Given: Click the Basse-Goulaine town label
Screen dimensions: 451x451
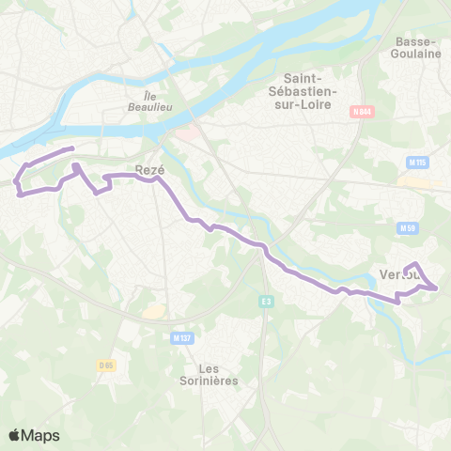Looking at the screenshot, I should pos(418,48).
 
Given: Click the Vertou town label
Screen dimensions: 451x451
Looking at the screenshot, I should pos(398,274).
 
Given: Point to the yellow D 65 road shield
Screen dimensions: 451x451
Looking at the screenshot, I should pos(106,364).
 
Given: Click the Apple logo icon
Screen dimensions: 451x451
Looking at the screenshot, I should pos(14,435).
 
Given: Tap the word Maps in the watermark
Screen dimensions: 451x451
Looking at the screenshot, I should pos(40,435).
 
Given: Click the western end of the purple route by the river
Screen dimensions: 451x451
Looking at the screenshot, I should pos(72,148).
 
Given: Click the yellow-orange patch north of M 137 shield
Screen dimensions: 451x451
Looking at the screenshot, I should pos(151,311).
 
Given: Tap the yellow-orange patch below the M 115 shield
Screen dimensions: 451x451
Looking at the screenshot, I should pos(415,183).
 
